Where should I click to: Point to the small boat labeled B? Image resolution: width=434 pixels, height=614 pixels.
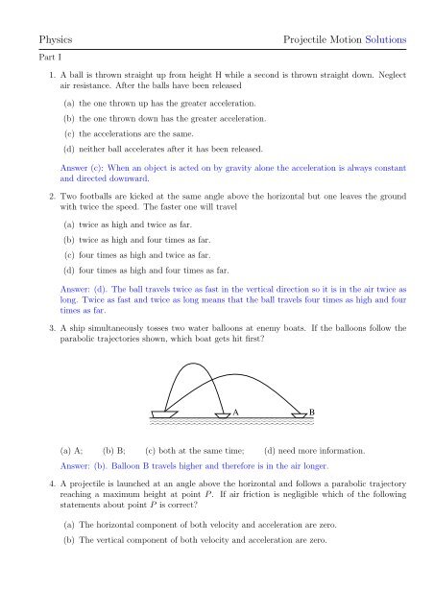click(x=298, y=415)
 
